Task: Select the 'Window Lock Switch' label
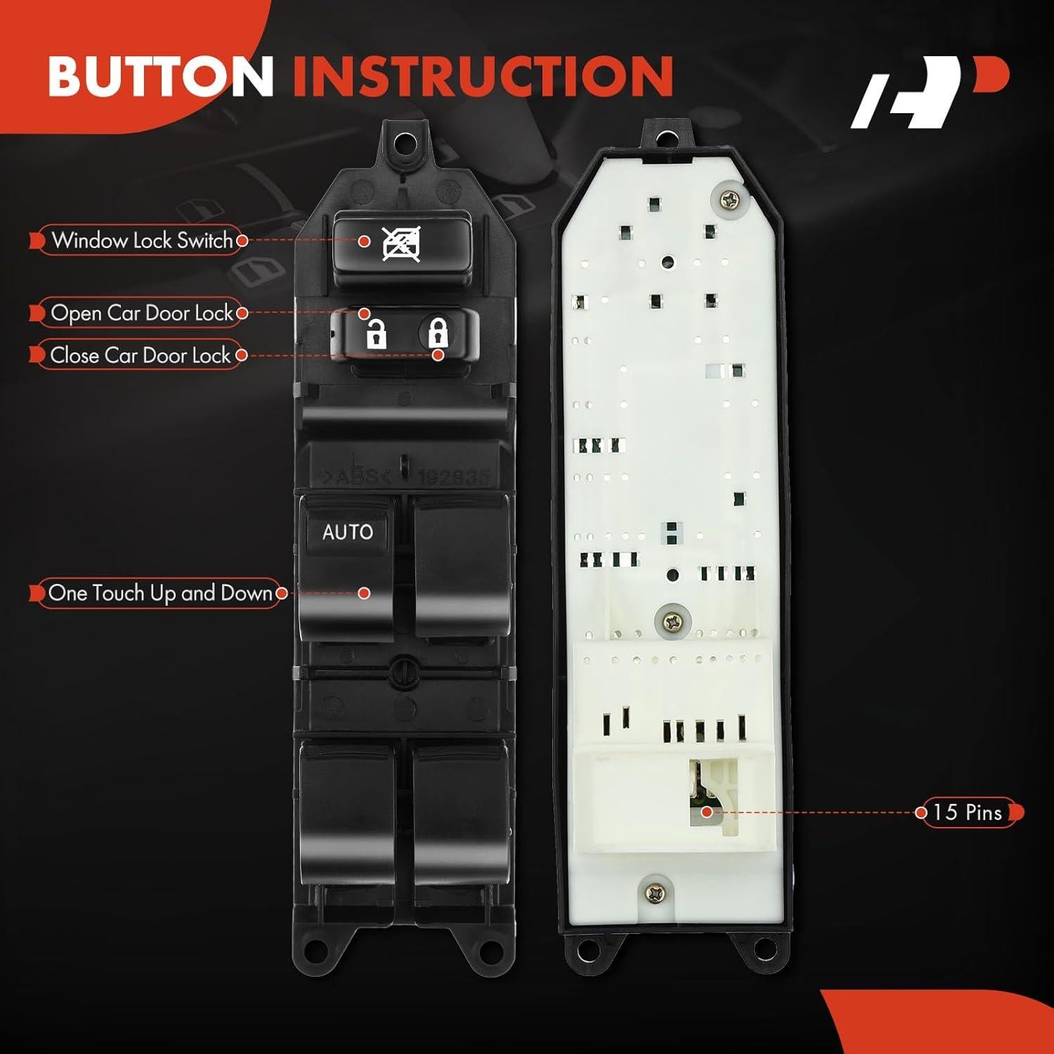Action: tap(141, 240)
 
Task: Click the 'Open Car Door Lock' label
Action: tap(141, 313)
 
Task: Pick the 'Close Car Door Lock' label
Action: tap(140, 355)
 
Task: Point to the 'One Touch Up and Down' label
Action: tap(160, 593)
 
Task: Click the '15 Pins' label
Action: tap(968, 812)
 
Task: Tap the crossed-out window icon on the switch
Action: tap(401, 245)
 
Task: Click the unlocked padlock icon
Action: tap(376, 334)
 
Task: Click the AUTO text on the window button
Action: tap(347, 532)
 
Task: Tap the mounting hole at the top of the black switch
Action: tap(403, 144)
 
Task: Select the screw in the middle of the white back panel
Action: tap(672, 621)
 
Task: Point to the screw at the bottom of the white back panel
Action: tap(656, 892)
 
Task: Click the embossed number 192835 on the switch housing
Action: tap(453, 478)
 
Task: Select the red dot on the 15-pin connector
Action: tap(707, 812)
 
